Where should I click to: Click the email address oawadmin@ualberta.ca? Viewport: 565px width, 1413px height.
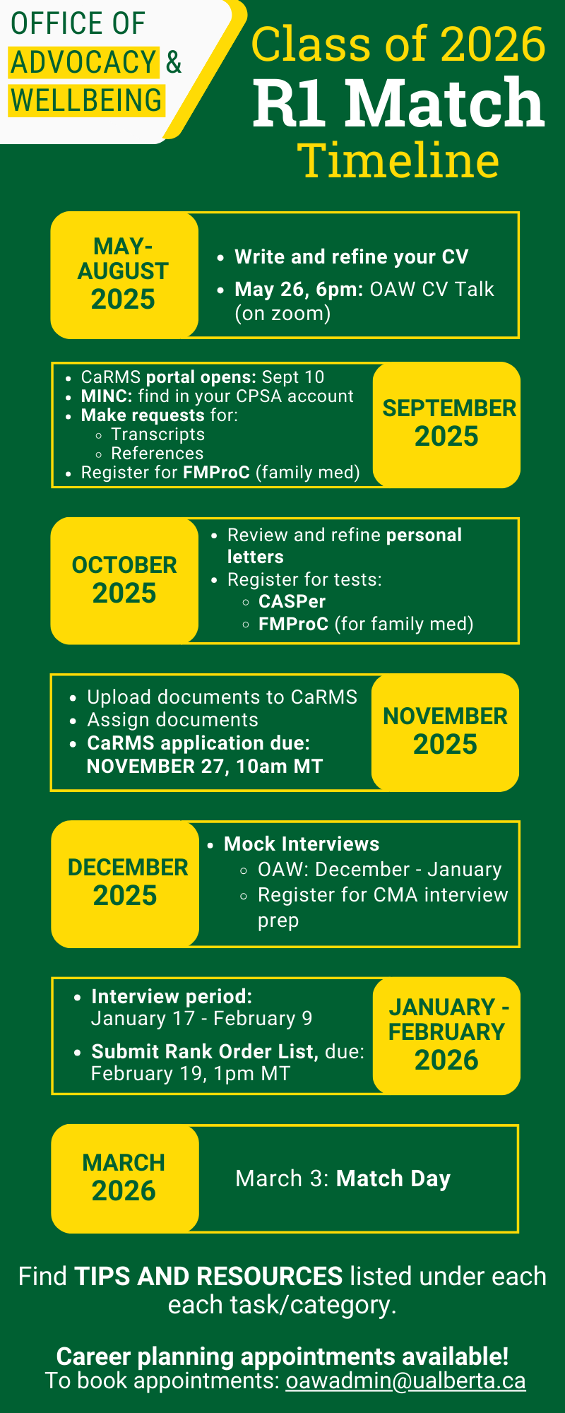pyautogui.click(x=405, y=1381)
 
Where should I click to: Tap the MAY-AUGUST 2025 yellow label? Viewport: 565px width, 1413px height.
pyautogui.click(x=124, y=274)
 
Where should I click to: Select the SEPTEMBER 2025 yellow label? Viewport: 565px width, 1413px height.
pyautogui.click(x=447, y=424)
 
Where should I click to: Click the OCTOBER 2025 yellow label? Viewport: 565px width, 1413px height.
pyautogui.click(x=124, y=580)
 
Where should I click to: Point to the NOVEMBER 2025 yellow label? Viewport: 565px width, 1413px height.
pyautogui.click(x=446, y=731)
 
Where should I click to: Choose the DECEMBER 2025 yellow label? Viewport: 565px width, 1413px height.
pyautogui.click(x=126, y=882)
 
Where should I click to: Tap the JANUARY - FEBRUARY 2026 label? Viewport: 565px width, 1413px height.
pyautogui.click(x=447, y=1034)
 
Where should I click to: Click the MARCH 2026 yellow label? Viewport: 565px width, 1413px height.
pyautogui.click(x=124, y=1178)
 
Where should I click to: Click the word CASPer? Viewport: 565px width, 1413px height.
pyautogui.click(x=292, y=602)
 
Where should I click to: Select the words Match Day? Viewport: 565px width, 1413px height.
pyautogui.click(x=393, y=1178)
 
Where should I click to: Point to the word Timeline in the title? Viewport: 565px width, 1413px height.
pyautogui.click(x=398, y=160)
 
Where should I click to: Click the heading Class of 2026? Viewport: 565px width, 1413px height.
pyautogui.click(x=398, y=44)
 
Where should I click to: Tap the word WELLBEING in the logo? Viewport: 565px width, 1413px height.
pyautogui.click(x=86, y=100)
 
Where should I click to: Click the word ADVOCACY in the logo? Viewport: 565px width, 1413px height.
pyautogui.click(x=83, y=62)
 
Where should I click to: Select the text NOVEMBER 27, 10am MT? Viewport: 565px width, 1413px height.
pyautogui.click(x=204, y=766)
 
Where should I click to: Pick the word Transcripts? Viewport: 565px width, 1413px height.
pyautogui.click(x=157, y=434)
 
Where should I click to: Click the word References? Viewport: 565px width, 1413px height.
pyautogui.click(x=157, y=453)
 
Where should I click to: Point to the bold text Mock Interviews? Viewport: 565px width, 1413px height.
pyautogui.click(x=302, y=844)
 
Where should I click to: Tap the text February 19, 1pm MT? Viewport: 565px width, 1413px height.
pyautogui.click(x=190, y=1074)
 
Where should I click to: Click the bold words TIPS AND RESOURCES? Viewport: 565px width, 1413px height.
pyautogui.click(x=208, y=1277)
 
